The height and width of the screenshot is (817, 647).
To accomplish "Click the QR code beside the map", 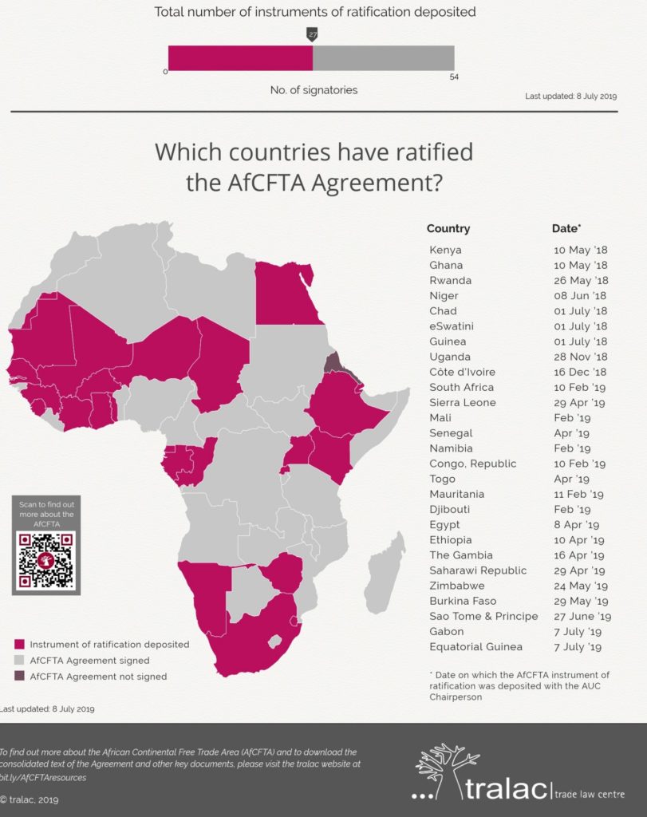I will pyautogui.click(x=46, y=560).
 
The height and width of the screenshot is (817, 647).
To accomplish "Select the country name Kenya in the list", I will pyautogui.click(x=445, y=250).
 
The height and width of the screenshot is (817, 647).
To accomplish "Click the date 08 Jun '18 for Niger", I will pyautogui.click(x=581, y=296).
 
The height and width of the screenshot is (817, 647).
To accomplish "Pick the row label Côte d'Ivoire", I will pyautogui.click(x=462, y=372).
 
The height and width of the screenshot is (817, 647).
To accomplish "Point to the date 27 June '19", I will pyautogui.click(x=582, y=616).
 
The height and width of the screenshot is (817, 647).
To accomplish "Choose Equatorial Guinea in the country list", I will pyautogui.click(x=475, y=646).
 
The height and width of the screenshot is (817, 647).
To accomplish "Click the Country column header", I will pyautogui.click(x=448, y=228).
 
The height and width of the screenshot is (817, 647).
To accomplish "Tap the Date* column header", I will pyautogui.click(x=566, y=228).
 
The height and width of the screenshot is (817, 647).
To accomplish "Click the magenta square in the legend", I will pyautogui.click(x=19, y=644).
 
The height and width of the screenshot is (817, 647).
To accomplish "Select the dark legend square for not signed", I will pyautogui.click(x=19, y=677).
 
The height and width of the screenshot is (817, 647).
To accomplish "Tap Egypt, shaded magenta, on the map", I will pyautogui.click(x=284, y=295).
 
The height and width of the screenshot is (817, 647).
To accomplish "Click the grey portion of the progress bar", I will pyautogui.click(x=383, y=57).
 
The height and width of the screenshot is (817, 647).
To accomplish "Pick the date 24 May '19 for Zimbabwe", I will pyautogui.click(x=581, y=586).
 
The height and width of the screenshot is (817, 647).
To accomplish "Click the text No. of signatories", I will pyautogui.click(x=314, y=90).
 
